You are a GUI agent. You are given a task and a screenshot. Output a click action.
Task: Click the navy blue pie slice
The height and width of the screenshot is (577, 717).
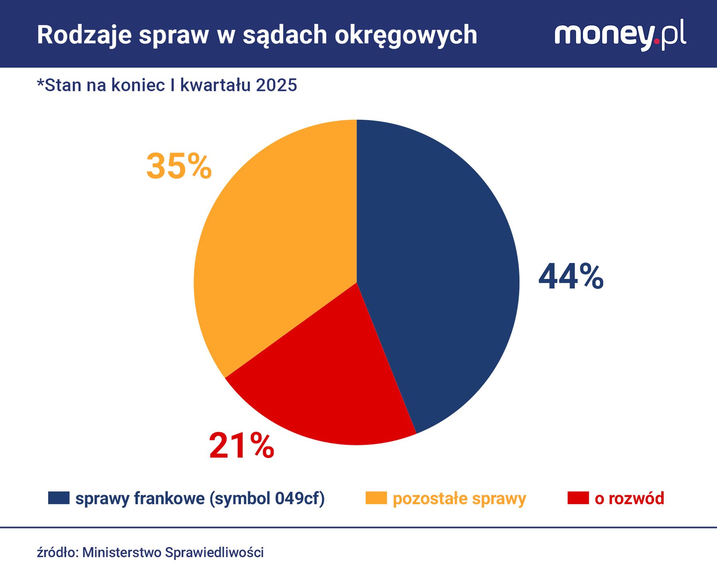437,272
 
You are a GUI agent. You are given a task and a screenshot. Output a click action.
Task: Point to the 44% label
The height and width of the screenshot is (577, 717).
571,276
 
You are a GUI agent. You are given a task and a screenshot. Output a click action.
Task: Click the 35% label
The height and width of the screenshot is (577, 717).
179,166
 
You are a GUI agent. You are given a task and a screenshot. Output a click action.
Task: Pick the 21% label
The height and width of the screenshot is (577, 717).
241,446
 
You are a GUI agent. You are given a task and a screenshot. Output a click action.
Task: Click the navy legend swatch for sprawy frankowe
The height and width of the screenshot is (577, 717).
59,498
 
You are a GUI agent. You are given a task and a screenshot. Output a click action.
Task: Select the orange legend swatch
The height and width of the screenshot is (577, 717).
376,498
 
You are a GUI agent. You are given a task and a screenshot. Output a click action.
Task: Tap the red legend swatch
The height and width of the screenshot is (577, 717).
578,498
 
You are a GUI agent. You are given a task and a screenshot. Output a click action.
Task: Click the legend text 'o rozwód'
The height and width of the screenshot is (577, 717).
629,498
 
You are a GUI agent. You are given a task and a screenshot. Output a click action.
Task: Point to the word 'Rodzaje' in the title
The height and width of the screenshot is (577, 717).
84,35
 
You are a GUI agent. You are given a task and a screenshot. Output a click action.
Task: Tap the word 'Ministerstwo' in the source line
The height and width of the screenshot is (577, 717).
122,553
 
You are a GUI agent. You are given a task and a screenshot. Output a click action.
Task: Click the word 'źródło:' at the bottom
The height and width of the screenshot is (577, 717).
57,553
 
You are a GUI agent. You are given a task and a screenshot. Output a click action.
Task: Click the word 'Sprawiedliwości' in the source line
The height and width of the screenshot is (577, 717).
214,553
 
